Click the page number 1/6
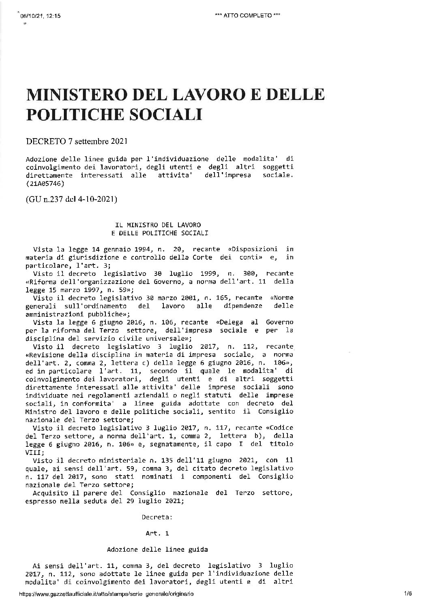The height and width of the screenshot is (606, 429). pyautogui.click(x=408, y=593)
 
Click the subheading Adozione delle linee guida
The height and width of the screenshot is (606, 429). pyautogui.click(x=157, y=550)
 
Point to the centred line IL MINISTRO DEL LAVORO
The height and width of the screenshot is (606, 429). pyautogui.click(x=159, y=224)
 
